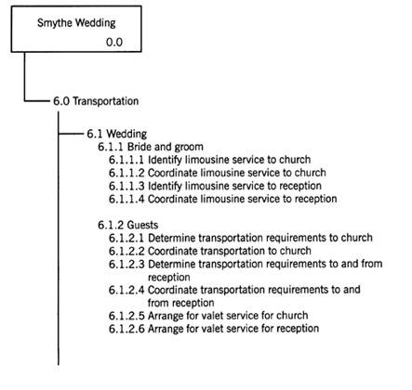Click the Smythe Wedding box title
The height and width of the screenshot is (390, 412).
76,23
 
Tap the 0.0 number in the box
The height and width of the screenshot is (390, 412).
114,42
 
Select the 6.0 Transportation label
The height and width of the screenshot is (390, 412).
96,101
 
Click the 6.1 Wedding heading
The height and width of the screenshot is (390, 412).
117,134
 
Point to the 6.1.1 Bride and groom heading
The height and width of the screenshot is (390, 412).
151,147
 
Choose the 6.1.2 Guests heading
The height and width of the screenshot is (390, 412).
128,225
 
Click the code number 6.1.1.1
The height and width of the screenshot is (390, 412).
126,160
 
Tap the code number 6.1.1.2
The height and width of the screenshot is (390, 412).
126,173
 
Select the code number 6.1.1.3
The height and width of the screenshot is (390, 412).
126,186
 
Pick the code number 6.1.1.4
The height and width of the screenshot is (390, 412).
126,199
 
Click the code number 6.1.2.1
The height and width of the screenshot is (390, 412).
126,238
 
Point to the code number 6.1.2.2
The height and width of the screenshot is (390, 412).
126,251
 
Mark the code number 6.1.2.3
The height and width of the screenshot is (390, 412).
126,265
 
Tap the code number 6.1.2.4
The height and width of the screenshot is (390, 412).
126,290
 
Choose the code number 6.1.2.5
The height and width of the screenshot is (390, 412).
126,316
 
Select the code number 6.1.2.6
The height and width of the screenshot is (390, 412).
126,329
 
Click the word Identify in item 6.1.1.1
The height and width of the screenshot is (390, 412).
165,160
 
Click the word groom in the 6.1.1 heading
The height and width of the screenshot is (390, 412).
189,148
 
